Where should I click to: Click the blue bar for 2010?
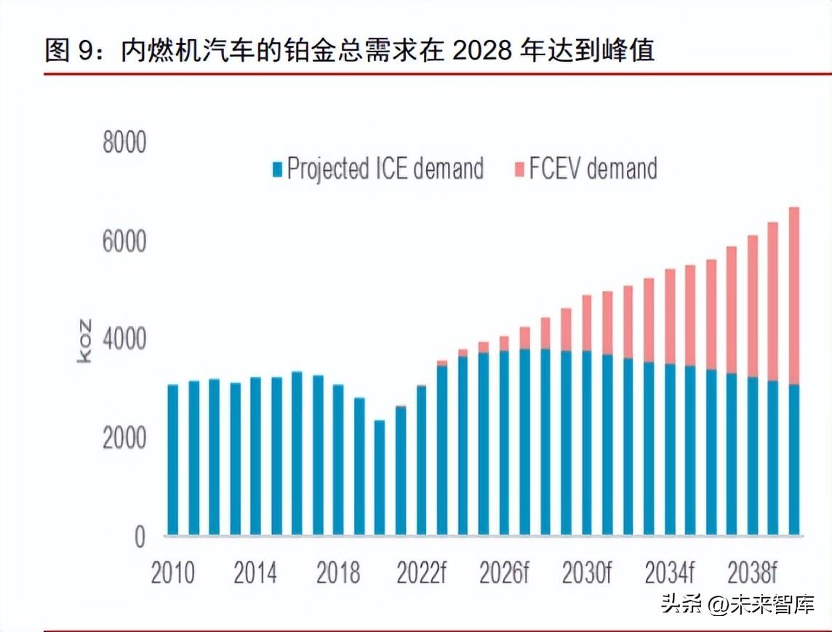tap(173, 460)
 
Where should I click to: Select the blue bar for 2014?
tap(256, 456)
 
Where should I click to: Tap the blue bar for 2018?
tap(338, 460)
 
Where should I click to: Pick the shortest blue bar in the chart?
tap(380, 478)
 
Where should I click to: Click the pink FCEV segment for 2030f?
tap(587, 323)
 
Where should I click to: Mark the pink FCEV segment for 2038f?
tap(753, 306)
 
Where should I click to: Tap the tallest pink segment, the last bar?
tap(793, 296)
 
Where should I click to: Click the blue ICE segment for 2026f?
tap(504, 442)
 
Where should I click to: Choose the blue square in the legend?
tap(277, 170)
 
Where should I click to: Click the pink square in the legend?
tap(519, 170)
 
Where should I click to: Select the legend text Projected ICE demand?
tap(385, 169)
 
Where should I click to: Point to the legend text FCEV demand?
tap(593, 168)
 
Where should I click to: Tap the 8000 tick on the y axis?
tap(124, 142)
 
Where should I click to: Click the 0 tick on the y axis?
tap(140, 537)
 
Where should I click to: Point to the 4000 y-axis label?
tap(124, 339)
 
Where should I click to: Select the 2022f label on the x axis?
tap(422, 572)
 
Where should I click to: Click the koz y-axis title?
tap(84, 341)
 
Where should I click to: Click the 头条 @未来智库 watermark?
tap(737, 604)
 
